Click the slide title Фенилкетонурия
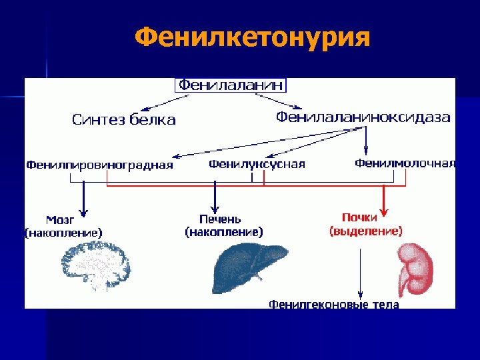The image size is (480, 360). click(251, 38)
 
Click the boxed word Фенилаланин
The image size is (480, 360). click(231, 85)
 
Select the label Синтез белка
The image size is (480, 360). click(124, 120)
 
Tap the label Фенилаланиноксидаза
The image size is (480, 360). click(363, 117)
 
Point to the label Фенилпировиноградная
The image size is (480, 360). click(99, 165)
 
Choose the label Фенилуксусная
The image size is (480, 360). click(257, 164)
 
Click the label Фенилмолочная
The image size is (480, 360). click(405, 163)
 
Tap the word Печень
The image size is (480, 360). click(220, 219)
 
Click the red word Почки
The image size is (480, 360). click(360, 217)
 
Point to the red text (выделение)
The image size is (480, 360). click(365, 231)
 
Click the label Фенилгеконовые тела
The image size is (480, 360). click(333, 304)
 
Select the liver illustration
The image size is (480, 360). click(248, 267)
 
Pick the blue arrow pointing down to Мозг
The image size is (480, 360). click(84, 197)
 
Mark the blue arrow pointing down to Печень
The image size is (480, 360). click(215, 197)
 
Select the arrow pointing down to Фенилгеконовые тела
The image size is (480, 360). click(361, 273)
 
